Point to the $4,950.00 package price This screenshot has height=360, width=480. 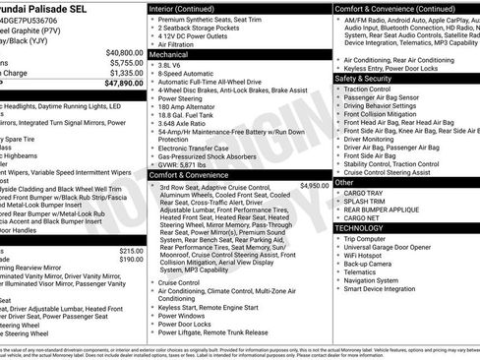(315, 185)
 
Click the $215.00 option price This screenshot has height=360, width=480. (125, 250)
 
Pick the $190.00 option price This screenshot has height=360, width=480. (125, 259)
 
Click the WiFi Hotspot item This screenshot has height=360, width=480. (367, 255)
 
